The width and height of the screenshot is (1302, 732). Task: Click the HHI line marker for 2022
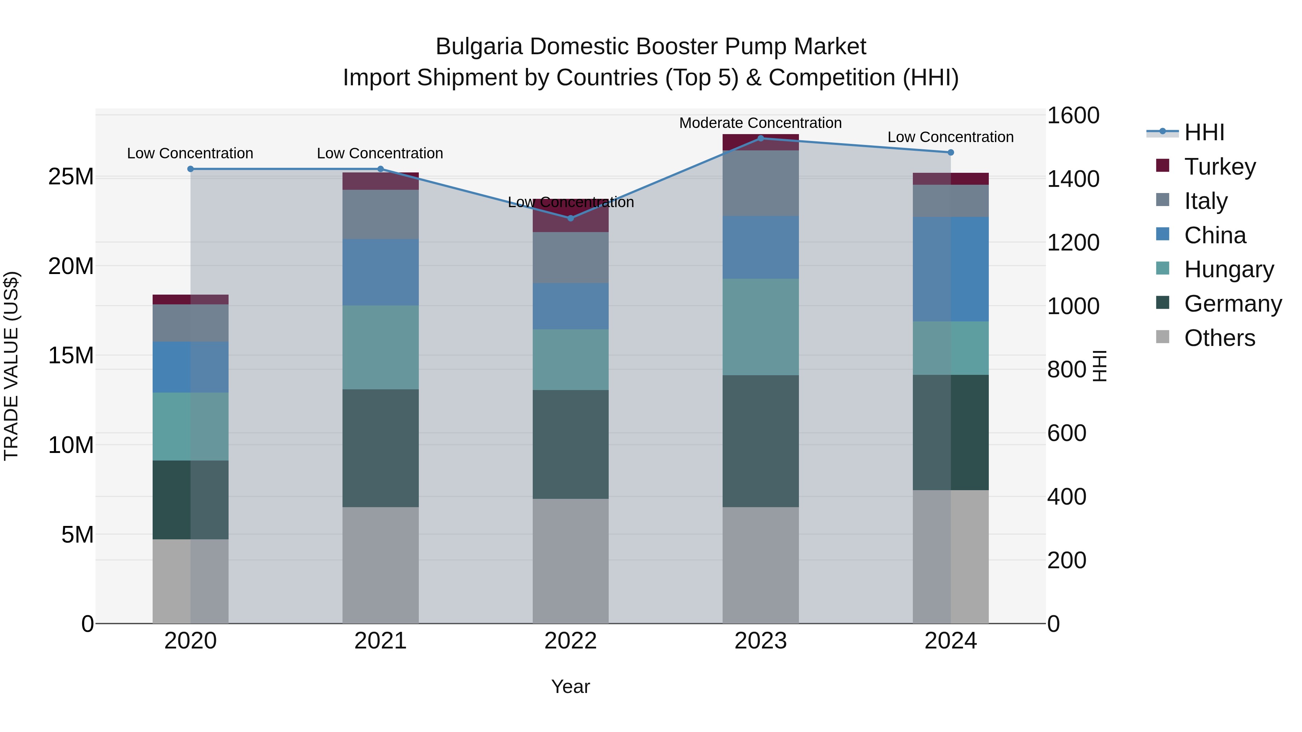tap(571, 218)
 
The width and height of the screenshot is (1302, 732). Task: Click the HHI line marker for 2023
tap(761, 138)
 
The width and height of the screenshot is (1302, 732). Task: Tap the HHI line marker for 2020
tap(191, 169)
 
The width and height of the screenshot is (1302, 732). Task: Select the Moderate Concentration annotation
tap(760, 123)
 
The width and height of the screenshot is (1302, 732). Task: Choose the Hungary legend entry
tap(1229, 269)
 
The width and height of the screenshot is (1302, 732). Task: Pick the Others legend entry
tap(1219, 338)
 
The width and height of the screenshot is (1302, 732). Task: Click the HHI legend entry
tap(1204, 132)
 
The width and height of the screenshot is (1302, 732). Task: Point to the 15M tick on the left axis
tap(71, 356)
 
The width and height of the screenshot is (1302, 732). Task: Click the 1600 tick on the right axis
tap(1073, 115)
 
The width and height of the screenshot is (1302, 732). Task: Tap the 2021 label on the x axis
tap(380, 641)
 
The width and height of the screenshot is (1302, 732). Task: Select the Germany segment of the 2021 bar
tap(380, 448)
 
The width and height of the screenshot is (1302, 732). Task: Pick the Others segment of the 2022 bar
tap(571, 561)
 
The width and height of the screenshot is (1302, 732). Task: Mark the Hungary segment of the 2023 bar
tap(760, 327)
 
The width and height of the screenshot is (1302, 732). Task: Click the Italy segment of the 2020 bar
tap(191, 323)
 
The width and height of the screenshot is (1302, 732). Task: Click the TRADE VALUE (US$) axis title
tap(11, 366)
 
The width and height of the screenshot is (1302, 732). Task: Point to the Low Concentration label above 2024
tap(950, 137)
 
